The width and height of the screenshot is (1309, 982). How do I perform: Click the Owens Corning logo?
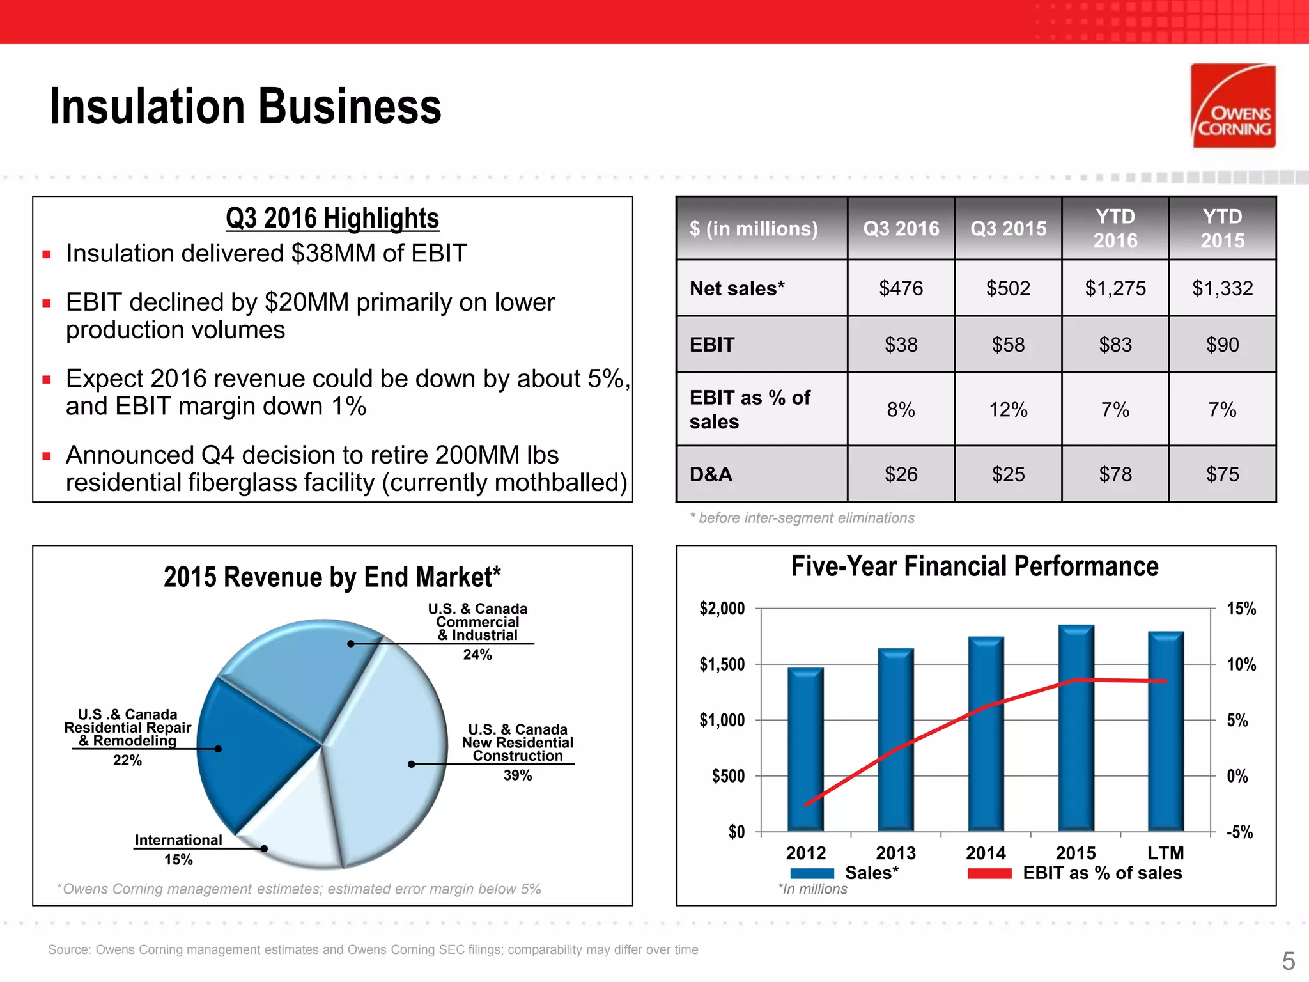(x=1233, y=106)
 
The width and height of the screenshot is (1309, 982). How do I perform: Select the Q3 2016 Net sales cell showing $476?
(x=901, y=288)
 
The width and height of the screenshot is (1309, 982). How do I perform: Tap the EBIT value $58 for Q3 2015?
(x=1008, y=345)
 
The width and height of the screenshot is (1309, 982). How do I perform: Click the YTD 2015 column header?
(x=1222, y=228)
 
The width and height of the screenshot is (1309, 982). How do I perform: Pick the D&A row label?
(x=711, y=474)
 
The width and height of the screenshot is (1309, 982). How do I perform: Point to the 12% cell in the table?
(x=1008, y=410)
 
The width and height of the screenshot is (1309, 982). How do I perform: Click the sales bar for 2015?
(x=1076, y=729)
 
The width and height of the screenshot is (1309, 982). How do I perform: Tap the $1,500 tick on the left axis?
(x=722, y=664)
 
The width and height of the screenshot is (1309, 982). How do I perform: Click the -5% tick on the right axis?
(x=1239, y=832)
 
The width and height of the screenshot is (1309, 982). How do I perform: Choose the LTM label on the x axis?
(x=1165, y=853)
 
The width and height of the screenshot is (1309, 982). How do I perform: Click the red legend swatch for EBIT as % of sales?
(x=989, y=873)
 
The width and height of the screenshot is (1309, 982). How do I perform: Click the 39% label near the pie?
(x=517, y=775)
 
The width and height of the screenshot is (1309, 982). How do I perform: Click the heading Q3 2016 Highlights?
(x=332, y=218)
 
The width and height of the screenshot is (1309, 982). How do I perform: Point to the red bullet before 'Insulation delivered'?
(x=47, y=254)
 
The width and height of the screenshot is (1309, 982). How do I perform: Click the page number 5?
(x=1288, y=961)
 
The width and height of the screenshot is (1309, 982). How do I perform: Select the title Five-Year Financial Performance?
(x=975, y=566)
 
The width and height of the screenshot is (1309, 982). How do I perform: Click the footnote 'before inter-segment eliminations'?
(x=805, y=518)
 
